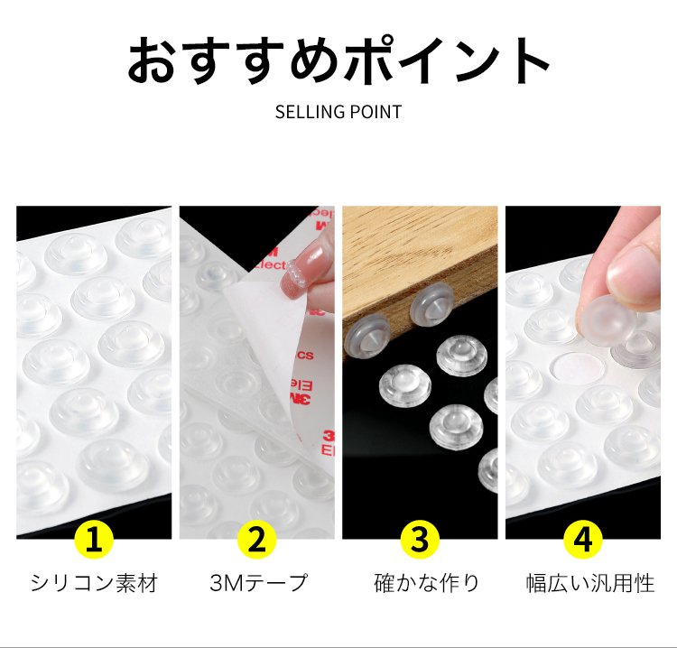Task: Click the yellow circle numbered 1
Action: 94,540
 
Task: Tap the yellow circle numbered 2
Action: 257,540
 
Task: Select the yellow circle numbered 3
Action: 420,540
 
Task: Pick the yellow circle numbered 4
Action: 583,540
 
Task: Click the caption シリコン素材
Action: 94,583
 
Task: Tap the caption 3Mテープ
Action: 259,583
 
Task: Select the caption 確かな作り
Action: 427,583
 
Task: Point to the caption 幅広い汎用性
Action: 590,583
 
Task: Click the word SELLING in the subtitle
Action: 309,112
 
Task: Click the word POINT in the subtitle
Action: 376,112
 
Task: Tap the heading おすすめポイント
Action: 338,60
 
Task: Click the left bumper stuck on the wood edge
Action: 368,336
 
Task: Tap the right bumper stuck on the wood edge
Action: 432,307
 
